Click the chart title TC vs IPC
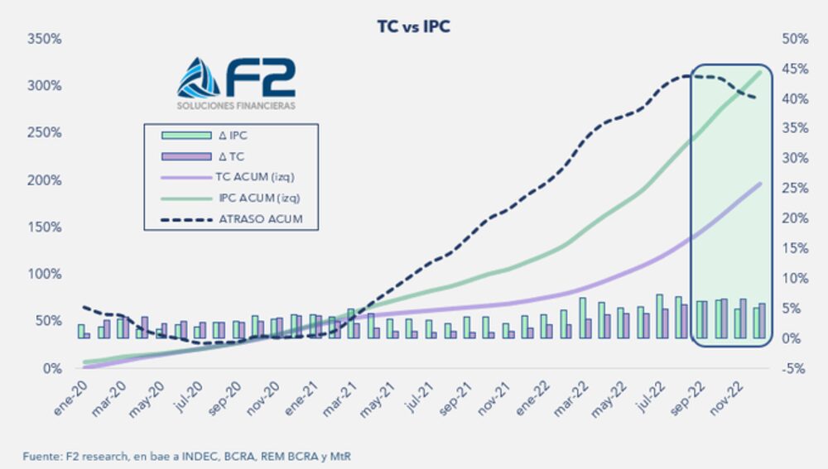point(413,26)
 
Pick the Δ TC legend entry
point(219,156)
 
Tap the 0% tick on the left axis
point(51,368)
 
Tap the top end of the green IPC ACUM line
point(760,72)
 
